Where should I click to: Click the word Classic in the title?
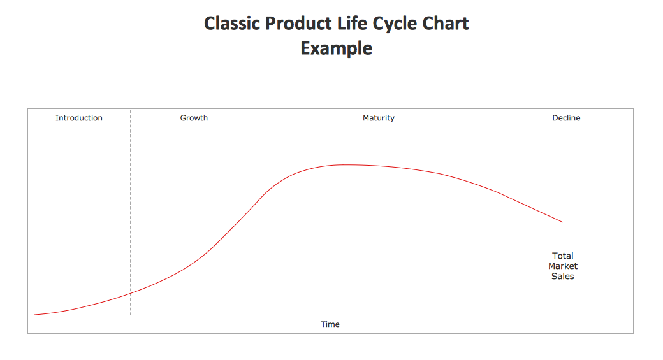pyautogui.click(x=232, y=24)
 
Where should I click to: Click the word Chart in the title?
pyautogui.click(x=446, y=24)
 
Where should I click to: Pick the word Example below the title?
pyautogui.click(x=337, y=48)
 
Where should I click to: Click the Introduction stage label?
pyautogui.click(x=79, y=118)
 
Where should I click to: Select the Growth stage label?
pyautogui.click(x=194, y=118)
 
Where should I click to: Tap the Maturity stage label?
pyautogui.click(x=379, y=118)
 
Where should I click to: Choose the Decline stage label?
pyautogui.click(x=566, y=118)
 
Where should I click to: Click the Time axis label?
pyautogui.click(x=330, y=324)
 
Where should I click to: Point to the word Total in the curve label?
pyautogui.click(x=563, y=256)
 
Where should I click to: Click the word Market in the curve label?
pyautogui.click(x=563, y=266)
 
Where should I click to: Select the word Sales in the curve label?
pyautogui.click(x=563, y=277)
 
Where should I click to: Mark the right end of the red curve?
pyautogui.click(x=562, y=222)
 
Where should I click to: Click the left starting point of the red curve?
pyautogui.click(x=34, y=315)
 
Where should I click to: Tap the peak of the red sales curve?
pyautogui.click(x=344, y=164)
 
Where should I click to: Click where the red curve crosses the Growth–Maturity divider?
pyautogui.click(x=258, y=201)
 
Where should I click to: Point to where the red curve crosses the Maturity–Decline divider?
pyautogui.click(x=500, y=192)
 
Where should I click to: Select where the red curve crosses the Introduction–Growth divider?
pyautogui.click(x=131, y=293)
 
